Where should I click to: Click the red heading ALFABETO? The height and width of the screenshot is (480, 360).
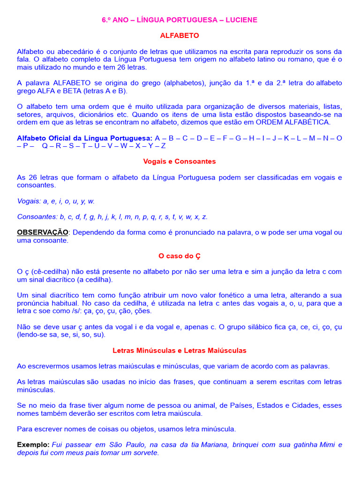click(x=180, y=35)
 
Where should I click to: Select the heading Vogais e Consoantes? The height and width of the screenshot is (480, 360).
click(x=180, y=161)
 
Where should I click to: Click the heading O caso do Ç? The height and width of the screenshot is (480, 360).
click(x=180, y=256)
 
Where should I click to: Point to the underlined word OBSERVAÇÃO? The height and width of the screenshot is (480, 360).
click(x=43, y=232)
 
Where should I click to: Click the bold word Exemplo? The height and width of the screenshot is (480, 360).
click(x=33, y=445)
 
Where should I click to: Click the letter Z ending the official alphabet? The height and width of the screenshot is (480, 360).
click(x=163, y=146)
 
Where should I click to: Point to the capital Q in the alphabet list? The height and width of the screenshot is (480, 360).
click(x=45, y=146)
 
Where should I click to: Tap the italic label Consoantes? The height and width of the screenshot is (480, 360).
click(x=37, y=217)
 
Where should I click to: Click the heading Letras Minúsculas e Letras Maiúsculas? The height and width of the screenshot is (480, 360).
click(x=180, y=351)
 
